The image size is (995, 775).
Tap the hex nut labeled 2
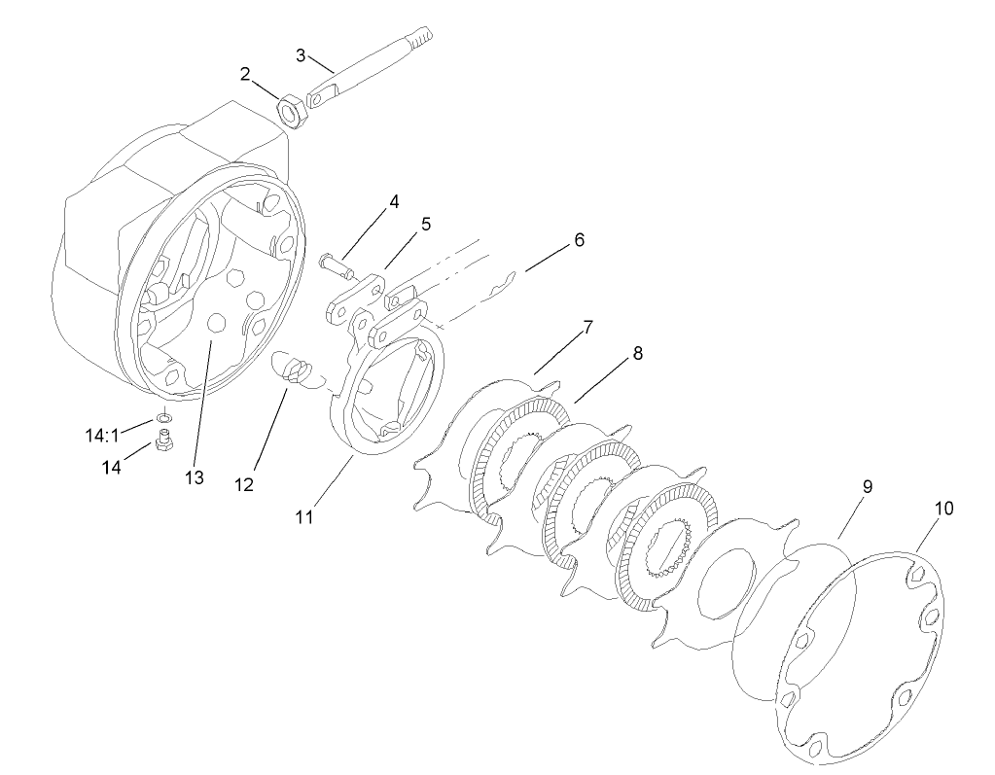point(292,110)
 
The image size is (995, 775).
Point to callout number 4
point(394,202)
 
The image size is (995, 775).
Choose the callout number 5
point(425,224)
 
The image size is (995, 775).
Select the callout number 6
point(579,239)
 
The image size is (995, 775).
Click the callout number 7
point(587,329)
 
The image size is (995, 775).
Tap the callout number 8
point(637,355)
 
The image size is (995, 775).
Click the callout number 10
point(943,509)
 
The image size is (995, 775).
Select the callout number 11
point(304,517)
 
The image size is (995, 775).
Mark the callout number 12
point(243,484)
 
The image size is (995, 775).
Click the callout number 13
point(194,476)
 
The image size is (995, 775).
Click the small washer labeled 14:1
point(164,418)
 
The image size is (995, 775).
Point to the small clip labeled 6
point(502,282)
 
